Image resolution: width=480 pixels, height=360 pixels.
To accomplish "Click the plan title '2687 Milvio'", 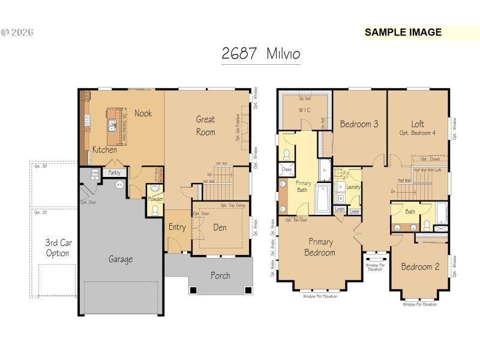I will point(260,53).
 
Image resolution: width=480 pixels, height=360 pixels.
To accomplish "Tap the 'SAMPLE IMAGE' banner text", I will point(403,32).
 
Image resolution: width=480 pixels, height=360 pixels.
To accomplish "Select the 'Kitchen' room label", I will point(104,150).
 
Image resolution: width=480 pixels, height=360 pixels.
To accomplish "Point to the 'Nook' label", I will point(143,113).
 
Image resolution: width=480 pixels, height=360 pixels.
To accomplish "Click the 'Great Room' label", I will point(205,125).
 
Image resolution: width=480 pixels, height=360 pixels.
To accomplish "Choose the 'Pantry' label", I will point(114,173).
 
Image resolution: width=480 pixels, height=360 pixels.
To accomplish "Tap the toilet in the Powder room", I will point(155,210).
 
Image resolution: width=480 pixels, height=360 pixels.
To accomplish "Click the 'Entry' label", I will point(177,227).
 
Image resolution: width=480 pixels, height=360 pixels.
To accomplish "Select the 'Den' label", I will point(220,227).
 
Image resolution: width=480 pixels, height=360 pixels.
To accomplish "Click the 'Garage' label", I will point(121,259).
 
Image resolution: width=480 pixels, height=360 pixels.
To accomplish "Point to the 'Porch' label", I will point(220,275).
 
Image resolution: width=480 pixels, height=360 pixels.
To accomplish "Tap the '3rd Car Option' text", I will point(57,248).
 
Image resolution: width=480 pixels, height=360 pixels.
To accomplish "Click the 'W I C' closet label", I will point(305,110).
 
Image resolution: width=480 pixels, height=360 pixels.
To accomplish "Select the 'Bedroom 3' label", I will point(359,125).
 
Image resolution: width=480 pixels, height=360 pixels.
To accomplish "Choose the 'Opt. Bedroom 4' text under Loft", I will point(417,133).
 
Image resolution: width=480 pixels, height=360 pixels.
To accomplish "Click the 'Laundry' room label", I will point(353,187).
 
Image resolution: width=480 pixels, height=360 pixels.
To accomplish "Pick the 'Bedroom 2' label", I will point(420,267).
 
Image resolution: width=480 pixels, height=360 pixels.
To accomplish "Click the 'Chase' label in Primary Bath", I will point(285,170).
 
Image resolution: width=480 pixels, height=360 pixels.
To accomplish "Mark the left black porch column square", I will point(193,290).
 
